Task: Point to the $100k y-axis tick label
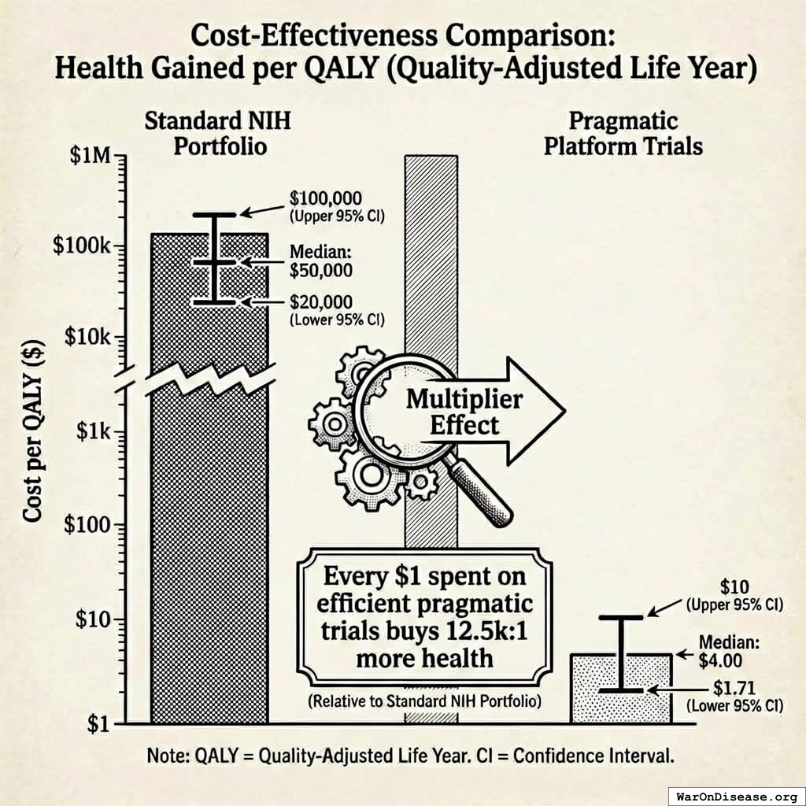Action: pos(82,245)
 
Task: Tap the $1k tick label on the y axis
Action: pos(94,432)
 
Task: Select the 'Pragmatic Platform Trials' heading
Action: pos(623,134)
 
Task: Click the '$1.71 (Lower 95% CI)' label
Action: pos(734,696)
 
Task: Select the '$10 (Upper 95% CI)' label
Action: pos(734,597)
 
